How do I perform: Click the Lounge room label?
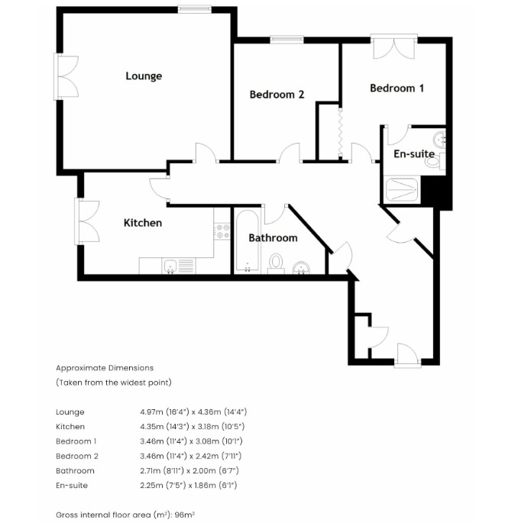tap(144, 76)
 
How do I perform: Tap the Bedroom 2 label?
tap(277, 95)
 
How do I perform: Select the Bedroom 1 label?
tap(397, 88)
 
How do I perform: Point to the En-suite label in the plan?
tap(413, 153)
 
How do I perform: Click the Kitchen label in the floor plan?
tap(143, 223)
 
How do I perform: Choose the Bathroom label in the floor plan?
tap(273, 237)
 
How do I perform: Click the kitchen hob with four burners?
tap(223, 231)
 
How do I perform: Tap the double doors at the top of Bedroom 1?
tap(393, 47)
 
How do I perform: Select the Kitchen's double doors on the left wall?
tap(87, 221)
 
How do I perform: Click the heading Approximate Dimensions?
tap(105, 368)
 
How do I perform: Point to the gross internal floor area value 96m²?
tap(186, 515)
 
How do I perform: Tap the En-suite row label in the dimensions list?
tap(72, 485)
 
